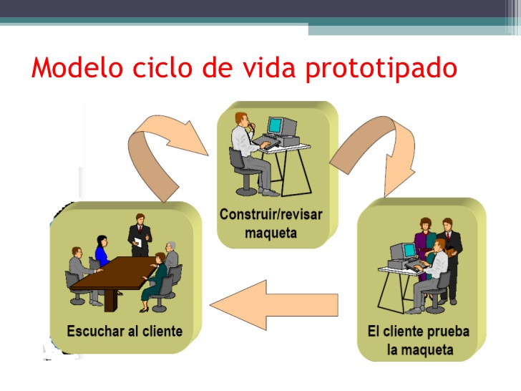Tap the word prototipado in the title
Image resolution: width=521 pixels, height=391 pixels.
[381, 69]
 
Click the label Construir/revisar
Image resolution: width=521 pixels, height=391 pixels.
[271, 214]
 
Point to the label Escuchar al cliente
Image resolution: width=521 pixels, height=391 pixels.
[125, 331]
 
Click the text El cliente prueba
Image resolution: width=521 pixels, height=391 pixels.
[418, 332]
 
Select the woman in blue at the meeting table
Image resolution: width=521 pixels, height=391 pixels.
[102, 251]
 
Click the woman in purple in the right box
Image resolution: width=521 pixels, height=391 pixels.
[425, 240]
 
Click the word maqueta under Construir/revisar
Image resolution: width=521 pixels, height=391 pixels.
[271, 233]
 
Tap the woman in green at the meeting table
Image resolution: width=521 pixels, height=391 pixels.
[157, 279]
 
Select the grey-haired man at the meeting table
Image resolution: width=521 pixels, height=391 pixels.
[171, 258]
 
